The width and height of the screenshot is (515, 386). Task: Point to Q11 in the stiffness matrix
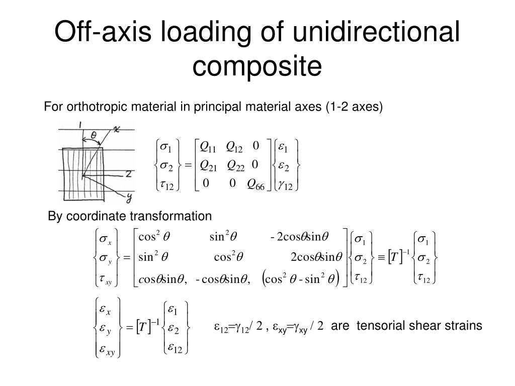click(208, 147)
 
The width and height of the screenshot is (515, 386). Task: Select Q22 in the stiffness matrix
click(235, 165)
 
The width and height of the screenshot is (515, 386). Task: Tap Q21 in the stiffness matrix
click(208, 165)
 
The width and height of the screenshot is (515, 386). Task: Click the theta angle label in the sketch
click(94, 135)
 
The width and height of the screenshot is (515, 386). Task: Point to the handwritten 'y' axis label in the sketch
click(129, 196)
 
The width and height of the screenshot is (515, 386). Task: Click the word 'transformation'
click(171, 216)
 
